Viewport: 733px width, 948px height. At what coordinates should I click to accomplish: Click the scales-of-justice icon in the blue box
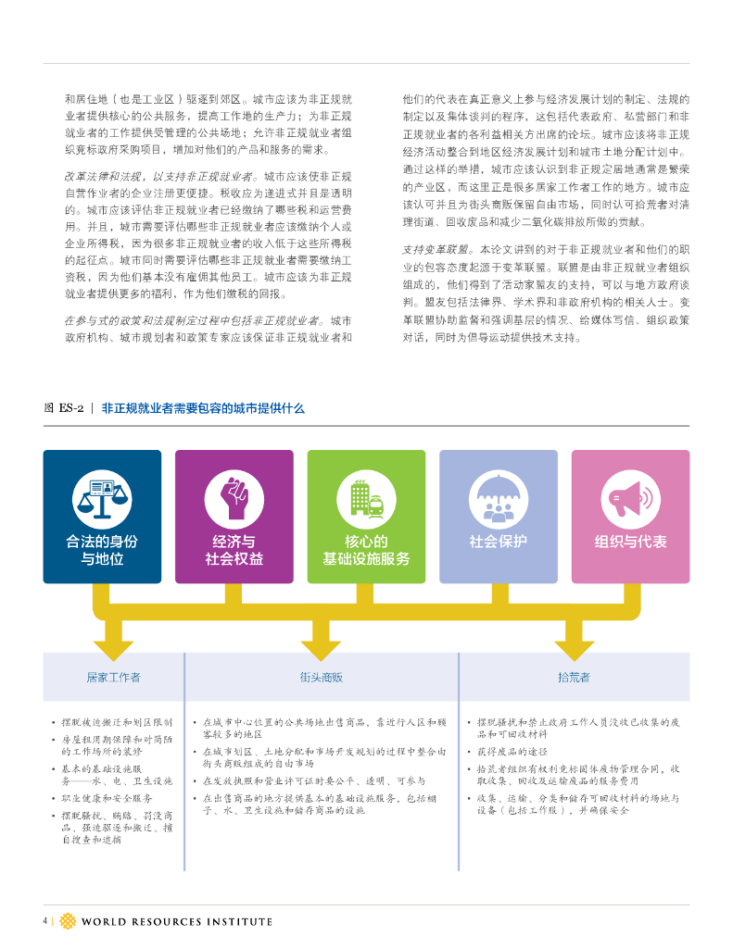pyautogui.click(x=102, y=498)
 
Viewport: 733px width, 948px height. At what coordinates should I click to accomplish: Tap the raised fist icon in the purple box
pyautogui.click(x=234, y=498)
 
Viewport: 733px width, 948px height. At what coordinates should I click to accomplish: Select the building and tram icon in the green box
pyautogui.click(x=366, y=498)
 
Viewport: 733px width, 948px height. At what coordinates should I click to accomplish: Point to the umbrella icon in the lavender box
pyautogui.click(x=498, y=498)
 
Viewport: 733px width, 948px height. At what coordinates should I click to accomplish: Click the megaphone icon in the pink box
pyautogui.click(x=630, y=498)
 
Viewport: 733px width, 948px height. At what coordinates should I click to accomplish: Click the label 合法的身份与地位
pyautogui.click(x=102, y=550)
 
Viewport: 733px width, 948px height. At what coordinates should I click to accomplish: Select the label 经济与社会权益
pyautogui.click(x=234, y=550)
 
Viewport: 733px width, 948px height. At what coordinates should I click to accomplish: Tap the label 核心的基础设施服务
pyautogui.click(x=366, y=550)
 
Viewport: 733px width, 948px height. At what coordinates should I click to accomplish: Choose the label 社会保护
pyautogui.click(x=498, y=542)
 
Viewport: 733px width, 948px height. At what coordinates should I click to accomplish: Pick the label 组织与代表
pyautogui.click(x=630, y=542)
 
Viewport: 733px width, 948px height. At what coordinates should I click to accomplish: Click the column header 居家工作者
pyautogui.click(x=113, y=677)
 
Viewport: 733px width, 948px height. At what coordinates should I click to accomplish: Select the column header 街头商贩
pyautogui.click(x=321, y=677)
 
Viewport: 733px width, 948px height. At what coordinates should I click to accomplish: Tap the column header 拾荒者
pyautogui.click(x=574, y=677)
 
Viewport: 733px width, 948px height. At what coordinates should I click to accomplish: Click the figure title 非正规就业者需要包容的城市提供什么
pyautogui.click(x=203, y=407)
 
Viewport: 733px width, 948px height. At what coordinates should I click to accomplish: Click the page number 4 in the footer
pyautogui.click(x=45, y=920)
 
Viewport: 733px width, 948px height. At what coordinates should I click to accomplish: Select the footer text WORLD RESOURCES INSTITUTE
pyautogui.click(x=177, y=921)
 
